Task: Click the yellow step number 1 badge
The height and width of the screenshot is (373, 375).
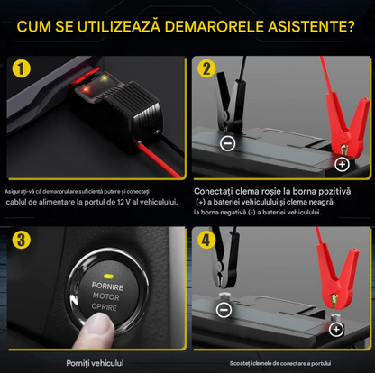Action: pos(22,68)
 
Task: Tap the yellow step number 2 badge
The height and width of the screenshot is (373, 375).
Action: pos(206,68)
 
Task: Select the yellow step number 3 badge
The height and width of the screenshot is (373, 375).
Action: pos(22,240)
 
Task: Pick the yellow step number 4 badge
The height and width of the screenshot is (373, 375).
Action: pos(206,240)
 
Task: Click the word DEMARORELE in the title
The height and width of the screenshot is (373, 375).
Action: pos(214,26)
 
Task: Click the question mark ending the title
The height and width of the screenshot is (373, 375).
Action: pos(350,26)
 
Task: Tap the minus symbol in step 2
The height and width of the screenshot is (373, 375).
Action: pos(228,143)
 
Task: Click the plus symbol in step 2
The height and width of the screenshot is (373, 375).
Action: pos(342,164)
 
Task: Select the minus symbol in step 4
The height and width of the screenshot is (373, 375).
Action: pos(224,309)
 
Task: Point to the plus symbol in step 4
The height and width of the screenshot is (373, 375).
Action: pos(336,330)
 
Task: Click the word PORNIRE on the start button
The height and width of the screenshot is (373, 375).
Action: pos(107,287)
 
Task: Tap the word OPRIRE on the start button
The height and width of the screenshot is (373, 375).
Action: pos(104,307)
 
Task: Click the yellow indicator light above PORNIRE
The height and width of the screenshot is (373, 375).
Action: pos(107,276)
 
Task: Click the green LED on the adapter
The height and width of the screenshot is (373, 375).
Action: pos(105,78)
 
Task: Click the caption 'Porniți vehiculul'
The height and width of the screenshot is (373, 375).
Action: pos(95,363)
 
